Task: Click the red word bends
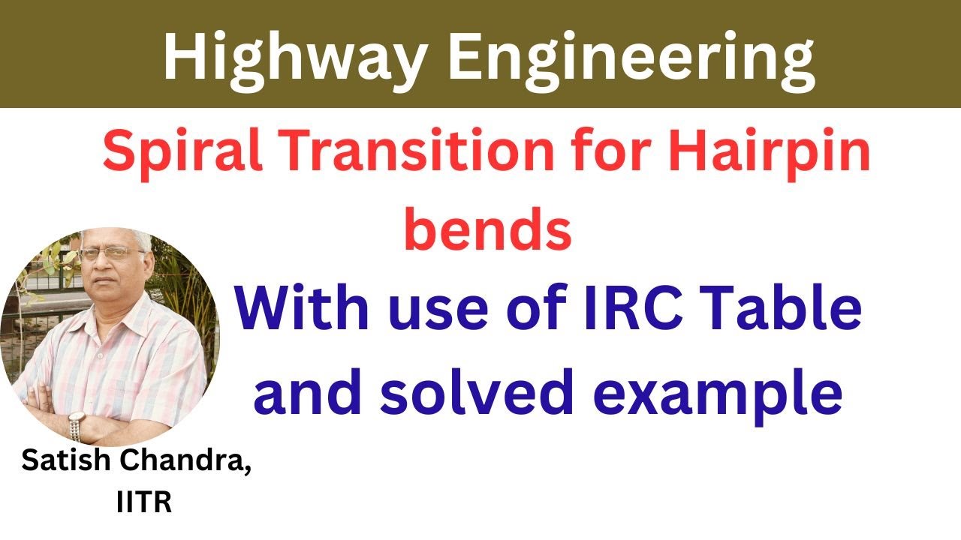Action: pos(488,229)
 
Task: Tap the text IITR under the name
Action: pos(144,502)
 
